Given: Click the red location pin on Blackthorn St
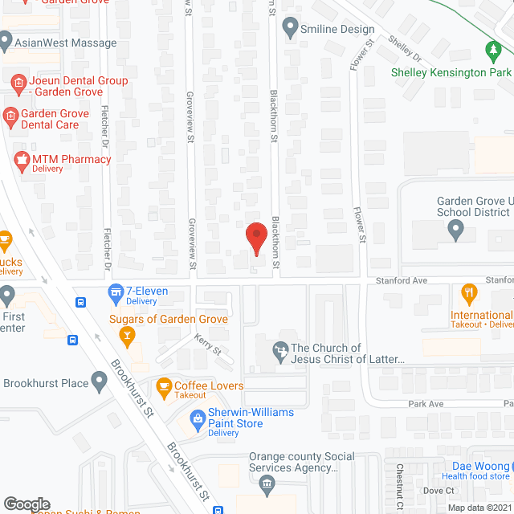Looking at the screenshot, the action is [255, 237].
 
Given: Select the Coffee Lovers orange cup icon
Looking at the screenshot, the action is [164, 386].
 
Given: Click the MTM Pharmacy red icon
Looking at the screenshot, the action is [21, 159].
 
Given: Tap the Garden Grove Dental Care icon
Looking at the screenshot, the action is [10, 118].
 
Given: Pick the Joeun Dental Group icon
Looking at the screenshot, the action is [18, 82].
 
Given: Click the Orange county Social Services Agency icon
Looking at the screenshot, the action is [267, 483].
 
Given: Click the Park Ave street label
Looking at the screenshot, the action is [426, 404].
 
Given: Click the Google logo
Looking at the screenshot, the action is [26, 504].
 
